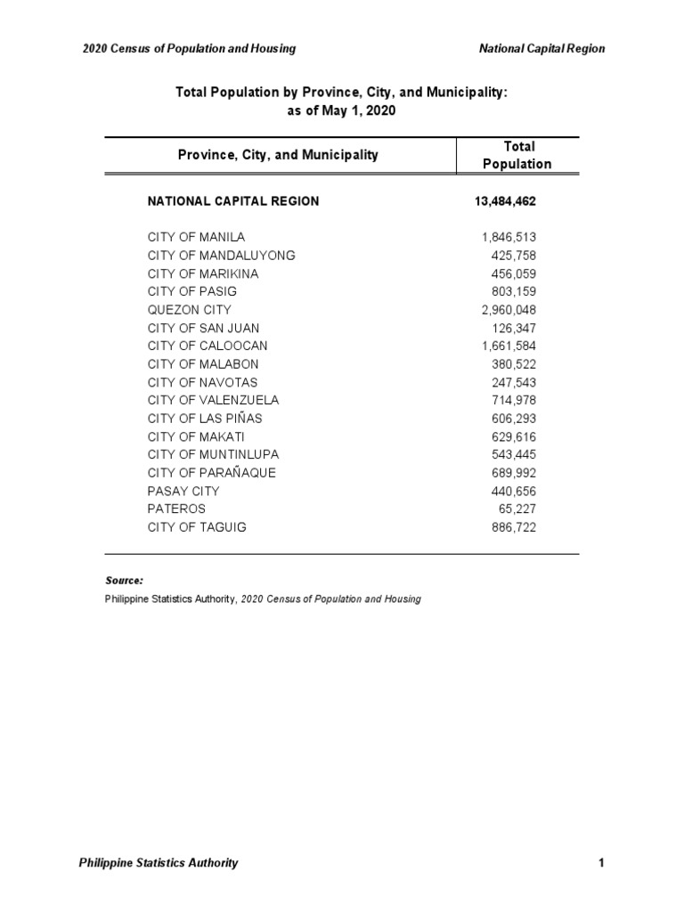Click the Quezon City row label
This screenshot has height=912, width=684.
[x=189, y=310]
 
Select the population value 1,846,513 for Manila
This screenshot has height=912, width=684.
[x=509, y=238]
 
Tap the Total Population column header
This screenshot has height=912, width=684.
[x=518, y=155]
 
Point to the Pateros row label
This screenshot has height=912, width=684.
[x=176, y=509]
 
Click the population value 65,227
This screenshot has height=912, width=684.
[x=517, y=509]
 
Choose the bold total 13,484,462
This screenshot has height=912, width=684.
[x=506, y=201]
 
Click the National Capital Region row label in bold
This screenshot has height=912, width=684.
[x=232, y=201]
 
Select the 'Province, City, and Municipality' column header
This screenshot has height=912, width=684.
[x=278, y=155]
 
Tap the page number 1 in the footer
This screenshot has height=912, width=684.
[x=602, y=862]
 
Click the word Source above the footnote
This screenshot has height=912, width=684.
[x=124, y=580]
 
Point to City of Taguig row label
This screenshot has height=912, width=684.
[x=197, y=527]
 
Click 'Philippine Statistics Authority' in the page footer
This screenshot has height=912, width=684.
[x=159, y=862]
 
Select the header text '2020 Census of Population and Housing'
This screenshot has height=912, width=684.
[x=189, y=49]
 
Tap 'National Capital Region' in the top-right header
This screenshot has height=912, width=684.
[x=541, y=49]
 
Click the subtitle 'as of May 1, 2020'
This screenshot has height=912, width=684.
[x=341, y=110]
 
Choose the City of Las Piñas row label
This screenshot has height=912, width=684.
[x=205, y=419]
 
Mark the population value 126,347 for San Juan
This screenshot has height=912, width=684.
[x=513, y=328]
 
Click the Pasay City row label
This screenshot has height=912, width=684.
[x=183, y=491]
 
